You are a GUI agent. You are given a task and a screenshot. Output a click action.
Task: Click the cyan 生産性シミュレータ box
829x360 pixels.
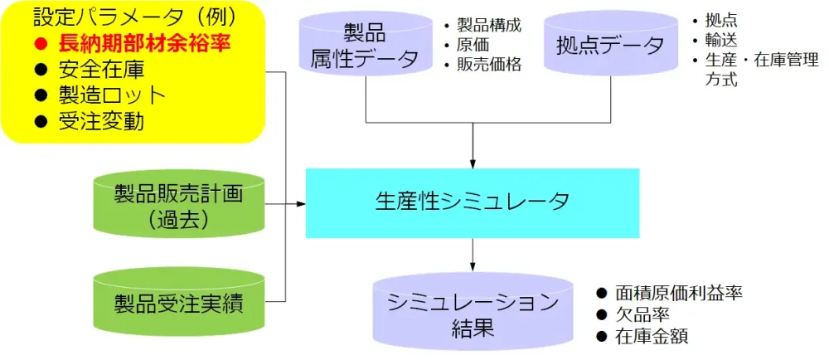click(x=473, y=202)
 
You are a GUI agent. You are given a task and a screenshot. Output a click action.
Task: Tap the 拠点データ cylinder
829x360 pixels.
click(x=610, y=46)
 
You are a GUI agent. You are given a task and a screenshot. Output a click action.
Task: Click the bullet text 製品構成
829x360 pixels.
click(x=489, y=25)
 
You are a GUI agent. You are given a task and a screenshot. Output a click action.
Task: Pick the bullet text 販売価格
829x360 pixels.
click(x=489, y=65)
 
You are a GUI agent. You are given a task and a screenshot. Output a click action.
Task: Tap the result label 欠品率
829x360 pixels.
click(x=642, y=314)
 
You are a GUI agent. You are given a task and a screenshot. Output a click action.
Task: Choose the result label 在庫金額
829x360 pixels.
click(x=652, y=336)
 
